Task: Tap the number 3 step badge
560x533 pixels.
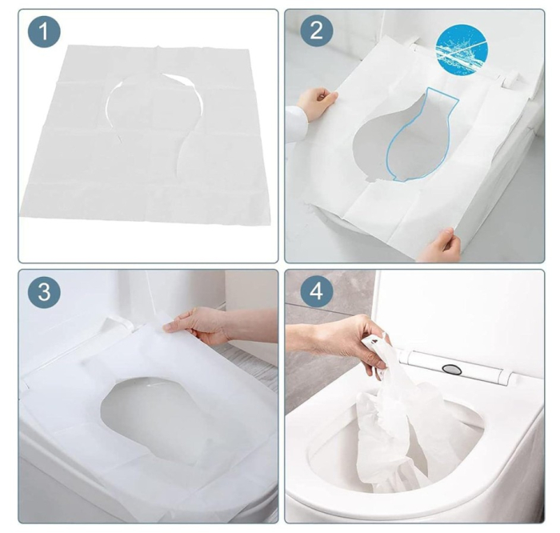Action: tap(43, 293)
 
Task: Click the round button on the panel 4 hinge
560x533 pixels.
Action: tap(452, 369)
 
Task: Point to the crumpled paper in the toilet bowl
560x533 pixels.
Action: tap(400, 432)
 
